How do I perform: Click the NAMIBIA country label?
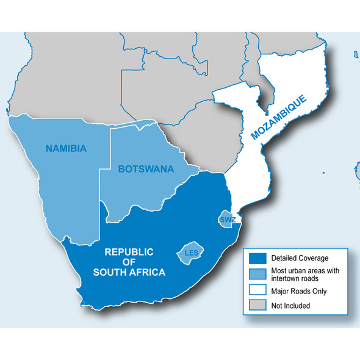pyautogui.click(x=67, y=148)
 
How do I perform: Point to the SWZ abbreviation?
pyautogui.click(x=226, y=219)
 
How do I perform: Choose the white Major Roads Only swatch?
pyautogui.click(x=257, y=290)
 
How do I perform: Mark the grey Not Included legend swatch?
pyautogui.click(x=257, y=306)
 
